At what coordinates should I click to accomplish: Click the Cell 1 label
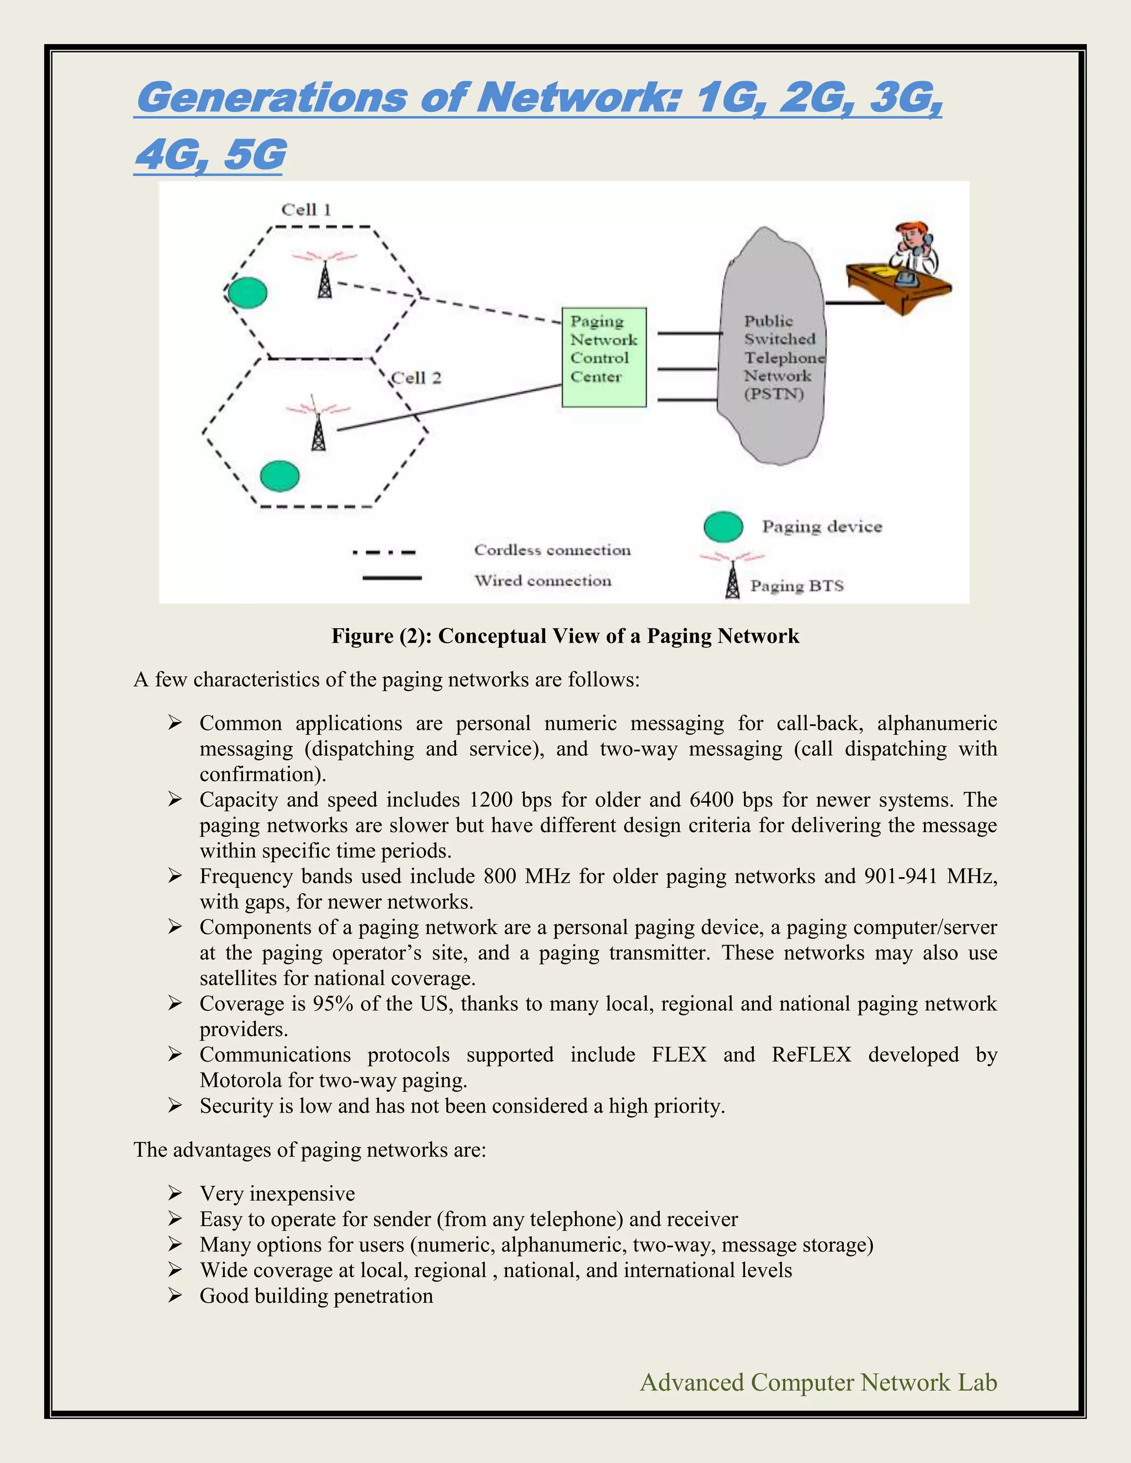[306, 210]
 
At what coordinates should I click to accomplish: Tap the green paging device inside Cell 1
[248, 293]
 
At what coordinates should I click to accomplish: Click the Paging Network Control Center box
[604, 357]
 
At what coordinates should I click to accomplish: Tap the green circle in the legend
[723, 527]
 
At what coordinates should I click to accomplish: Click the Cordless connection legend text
[552, 550]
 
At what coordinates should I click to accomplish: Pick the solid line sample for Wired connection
[392, 577]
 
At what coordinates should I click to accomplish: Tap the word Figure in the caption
[362, 635]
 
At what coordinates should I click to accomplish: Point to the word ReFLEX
[811, 1054]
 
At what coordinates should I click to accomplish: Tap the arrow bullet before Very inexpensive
[175, 1193]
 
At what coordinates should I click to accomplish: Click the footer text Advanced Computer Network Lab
[818, 1382]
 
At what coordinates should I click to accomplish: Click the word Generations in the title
[271, 98]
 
